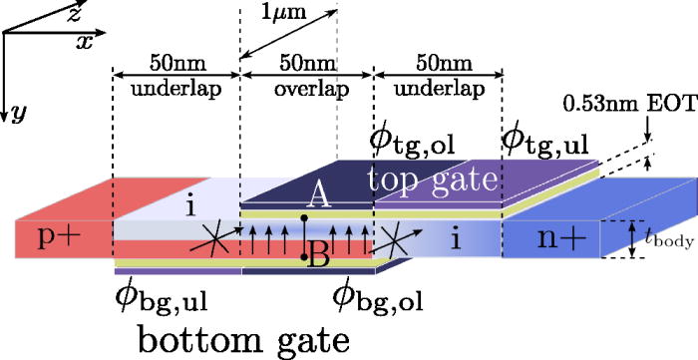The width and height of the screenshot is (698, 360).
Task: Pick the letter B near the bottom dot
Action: [x=319, y=260]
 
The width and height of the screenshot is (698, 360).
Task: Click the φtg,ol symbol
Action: [x=413, y=141]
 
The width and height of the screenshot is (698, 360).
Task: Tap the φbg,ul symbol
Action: [x=164, y=295]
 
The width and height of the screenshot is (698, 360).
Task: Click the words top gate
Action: [x=432, y=180]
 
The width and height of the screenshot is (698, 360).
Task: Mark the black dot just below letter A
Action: [x=304, y=216]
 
